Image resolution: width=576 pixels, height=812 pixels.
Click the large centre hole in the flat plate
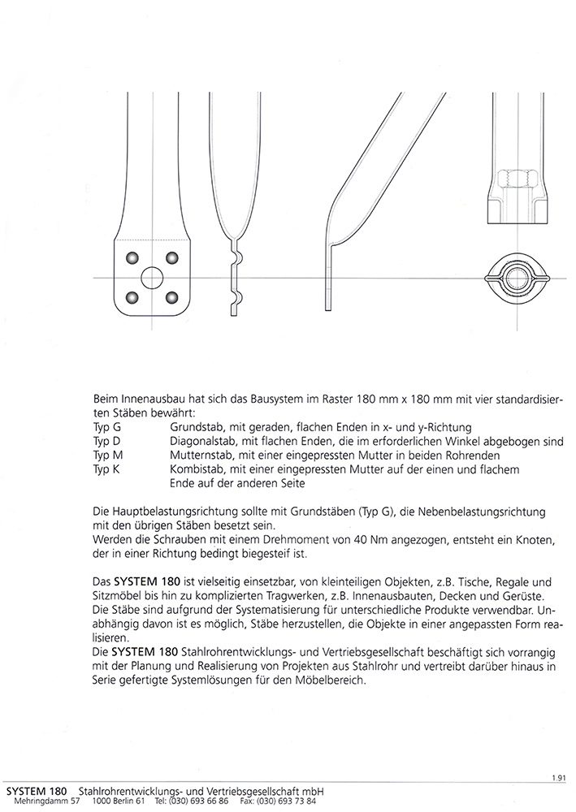tap(151, 278)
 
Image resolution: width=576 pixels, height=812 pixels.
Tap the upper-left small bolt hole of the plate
tap(130, 257)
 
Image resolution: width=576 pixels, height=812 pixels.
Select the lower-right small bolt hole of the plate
tap(172, 297)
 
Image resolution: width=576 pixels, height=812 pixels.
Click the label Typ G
tap(106, 427)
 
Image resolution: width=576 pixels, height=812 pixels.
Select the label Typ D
tap(106, 442)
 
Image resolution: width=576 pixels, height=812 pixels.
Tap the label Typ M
tap(107, 456)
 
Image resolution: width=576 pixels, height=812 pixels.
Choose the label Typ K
tap(106, 470)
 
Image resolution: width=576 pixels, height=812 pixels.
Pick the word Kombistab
tap(196, 470)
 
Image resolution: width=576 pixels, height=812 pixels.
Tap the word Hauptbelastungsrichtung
tap(165, 512)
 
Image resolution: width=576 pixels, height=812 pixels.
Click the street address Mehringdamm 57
tap(46, 801)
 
